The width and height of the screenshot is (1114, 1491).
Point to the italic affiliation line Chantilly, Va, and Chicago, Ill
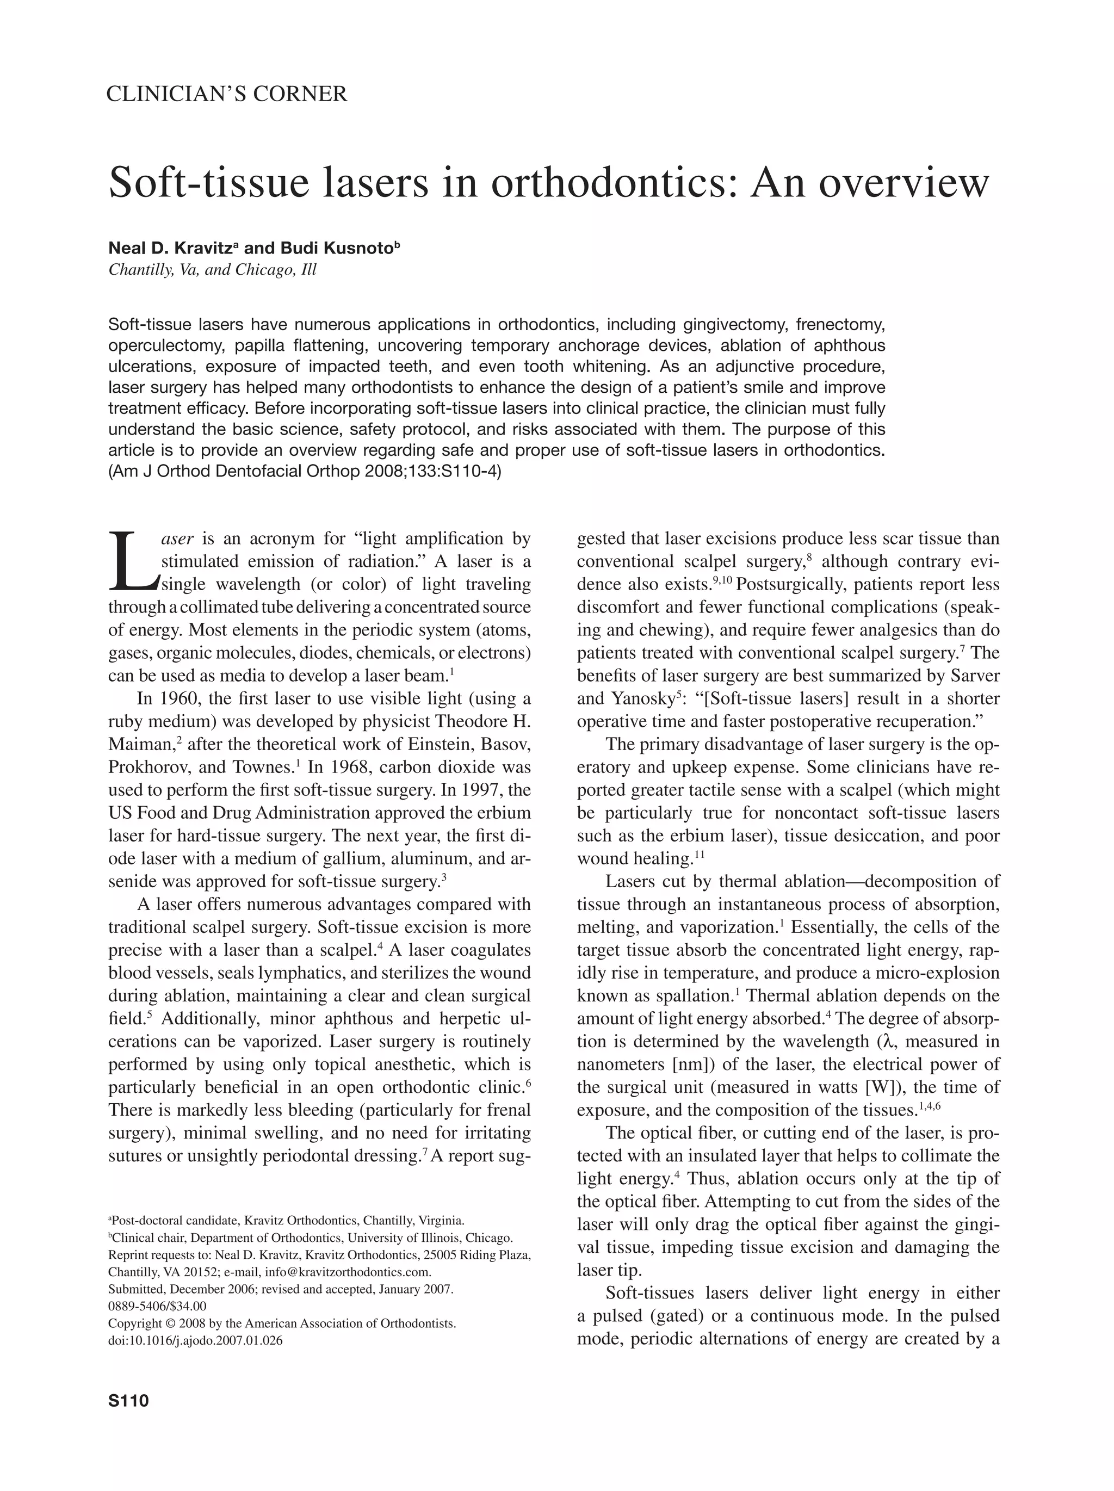click(212, 270)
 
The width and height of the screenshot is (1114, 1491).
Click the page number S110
click(128, 1401)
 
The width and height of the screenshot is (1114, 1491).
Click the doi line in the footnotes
click(195, 1340)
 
